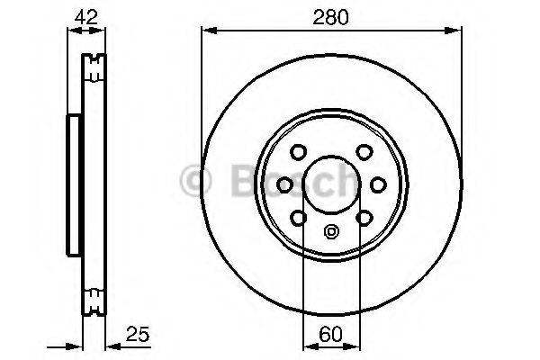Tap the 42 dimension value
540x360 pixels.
[x=86, y=15]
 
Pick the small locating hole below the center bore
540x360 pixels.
[x=330, y=231]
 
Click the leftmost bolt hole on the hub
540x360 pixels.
[x=285, y=184]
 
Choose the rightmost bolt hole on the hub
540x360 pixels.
[x=377, y=184]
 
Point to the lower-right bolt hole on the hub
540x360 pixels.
[x=363, y=217]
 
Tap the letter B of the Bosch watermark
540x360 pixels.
[x=237, y=183]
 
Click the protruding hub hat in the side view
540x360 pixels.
[x=72, y=184]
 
